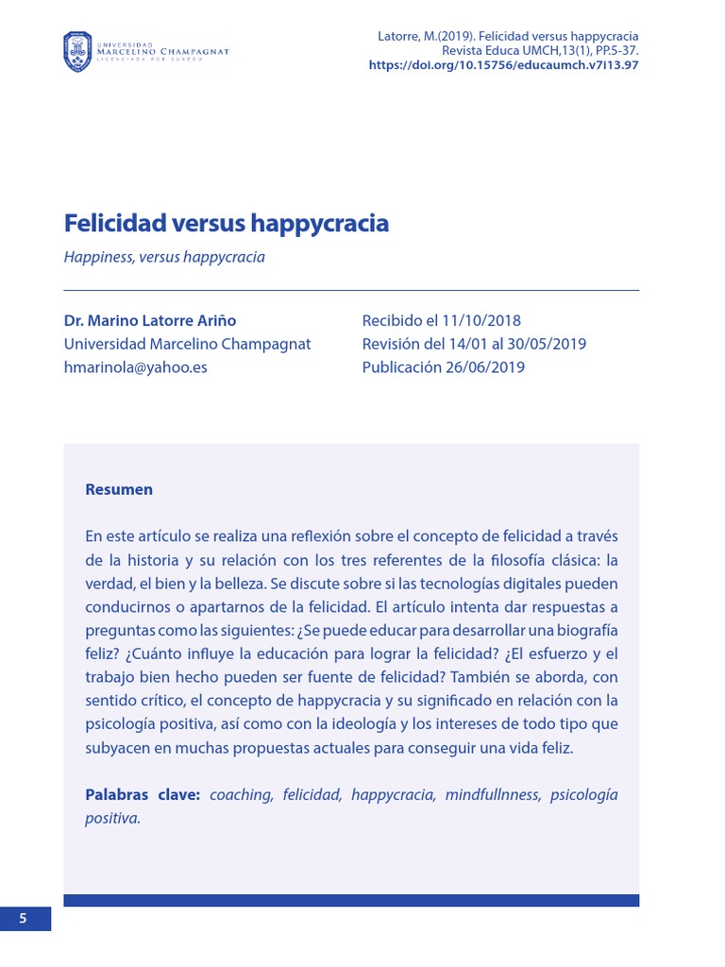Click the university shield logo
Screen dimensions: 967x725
pos(77,51)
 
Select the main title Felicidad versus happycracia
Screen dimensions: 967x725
pos(227,224)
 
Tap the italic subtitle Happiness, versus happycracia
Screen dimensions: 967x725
pos(164,257)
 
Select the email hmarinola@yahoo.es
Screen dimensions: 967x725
pos(135,367)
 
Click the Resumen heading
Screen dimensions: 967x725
pos(119,489)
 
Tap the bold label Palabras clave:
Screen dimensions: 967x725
pos(143,794)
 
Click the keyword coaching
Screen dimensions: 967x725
pos(241,794)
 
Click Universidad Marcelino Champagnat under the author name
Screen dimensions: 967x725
pos(187,344)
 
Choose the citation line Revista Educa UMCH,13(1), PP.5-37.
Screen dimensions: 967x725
pos(533,51)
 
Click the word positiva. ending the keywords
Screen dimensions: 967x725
pos(112,818)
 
